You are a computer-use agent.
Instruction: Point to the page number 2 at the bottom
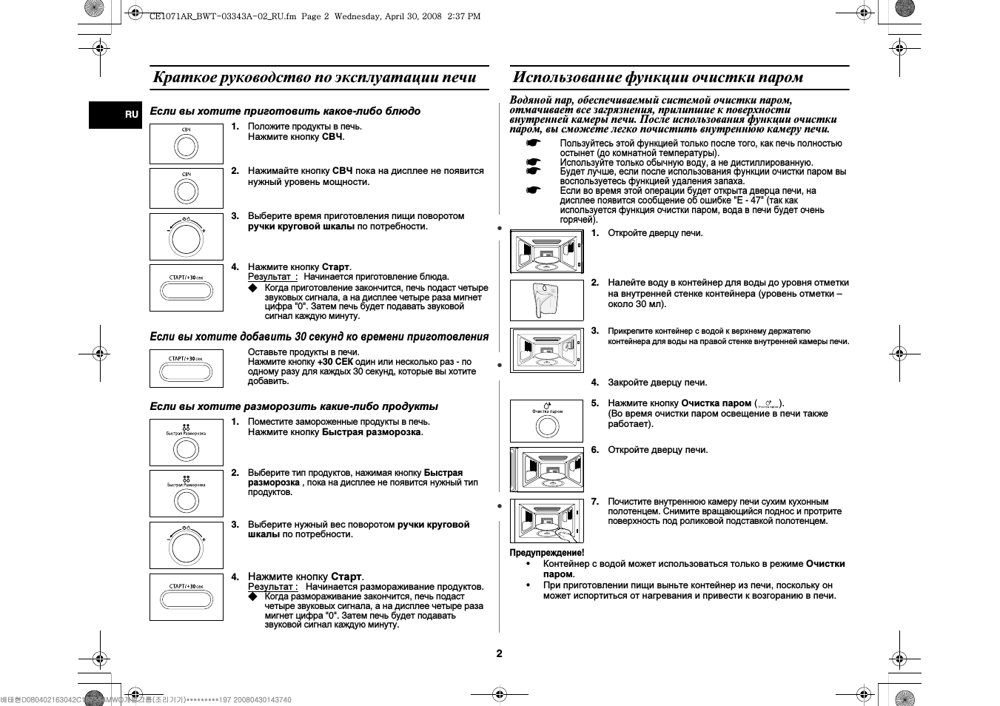(499, 653)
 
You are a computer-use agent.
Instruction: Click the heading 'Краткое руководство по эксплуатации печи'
(315, 78)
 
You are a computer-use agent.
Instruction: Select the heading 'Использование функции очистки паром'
(657, 78)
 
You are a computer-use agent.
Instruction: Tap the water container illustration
(546, 300)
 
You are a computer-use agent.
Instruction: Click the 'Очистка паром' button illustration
(547, 420)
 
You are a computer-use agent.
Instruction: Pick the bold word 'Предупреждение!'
(546, 553)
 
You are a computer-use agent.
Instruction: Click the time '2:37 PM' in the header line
(464, 16)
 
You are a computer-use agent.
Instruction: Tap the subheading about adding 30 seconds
(319, 337)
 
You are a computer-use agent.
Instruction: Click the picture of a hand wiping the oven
(547, 521)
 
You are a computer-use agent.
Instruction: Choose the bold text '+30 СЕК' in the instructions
(335, 362)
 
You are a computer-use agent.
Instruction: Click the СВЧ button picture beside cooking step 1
(187, 144)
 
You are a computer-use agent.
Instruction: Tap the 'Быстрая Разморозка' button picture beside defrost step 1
(187, 443)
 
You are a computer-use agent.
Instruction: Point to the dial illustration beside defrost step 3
(187, 545)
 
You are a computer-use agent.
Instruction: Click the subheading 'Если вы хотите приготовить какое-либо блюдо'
(285, 111)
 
